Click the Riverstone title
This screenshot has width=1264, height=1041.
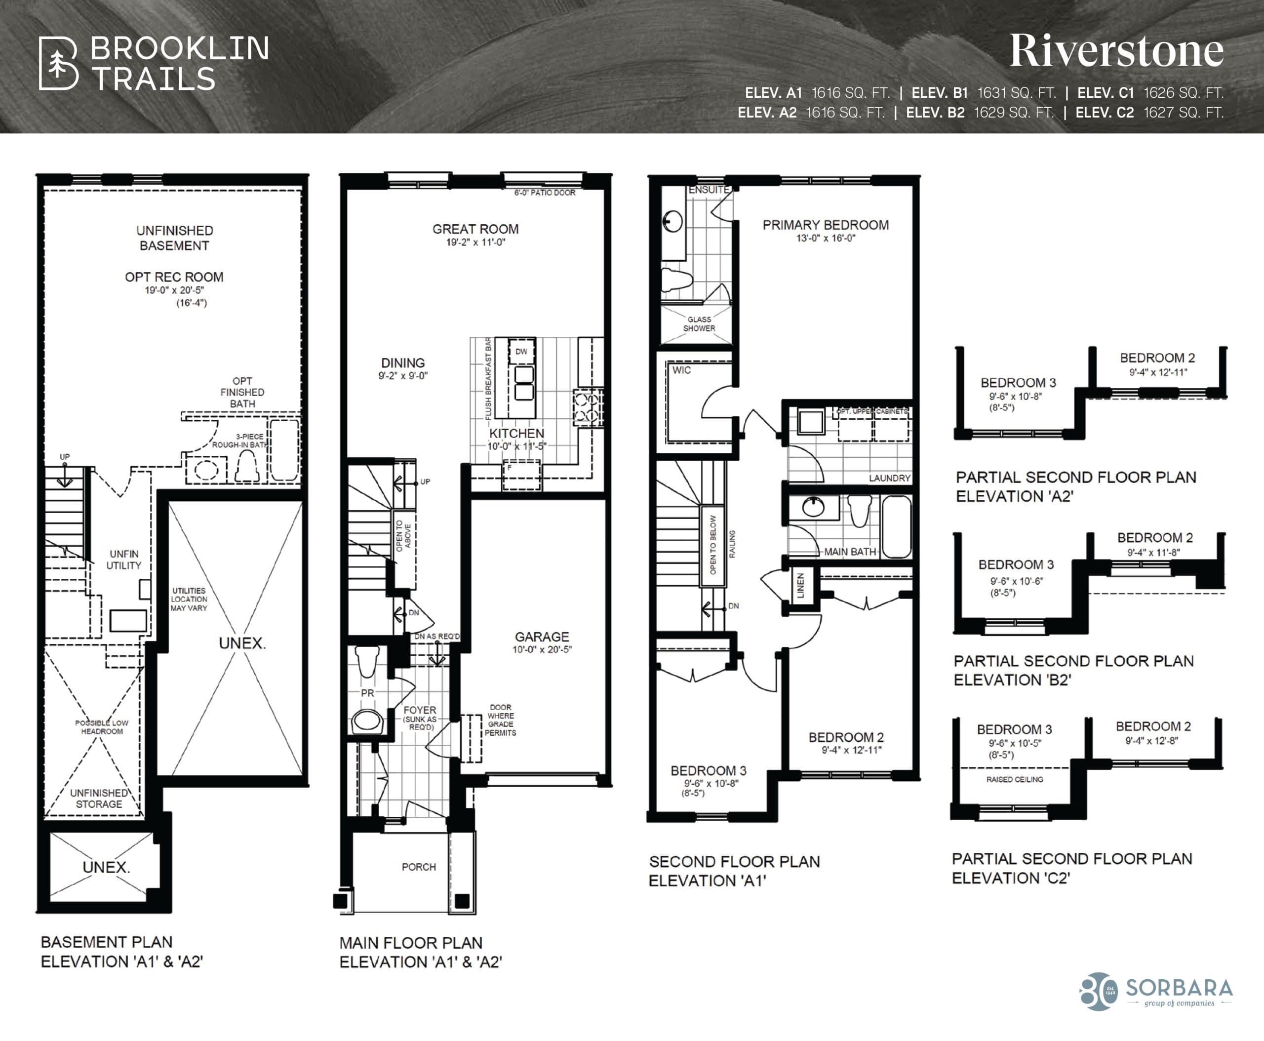[1116, 51]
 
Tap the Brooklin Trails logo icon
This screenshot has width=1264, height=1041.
[58, 64]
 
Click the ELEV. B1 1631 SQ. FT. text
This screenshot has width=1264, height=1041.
[984, 93]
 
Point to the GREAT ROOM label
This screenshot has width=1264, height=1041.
[475, 229]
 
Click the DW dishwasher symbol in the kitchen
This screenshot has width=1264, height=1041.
[521, 352]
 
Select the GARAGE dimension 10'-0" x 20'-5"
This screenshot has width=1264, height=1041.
[542, 649]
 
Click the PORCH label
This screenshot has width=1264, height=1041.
[419, 867]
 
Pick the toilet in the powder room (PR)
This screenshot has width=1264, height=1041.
[367, 660]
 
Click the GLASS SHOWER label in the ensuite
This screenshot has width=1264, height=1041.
[699, 324]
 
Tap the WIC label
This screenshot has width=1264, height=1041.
[681, 370]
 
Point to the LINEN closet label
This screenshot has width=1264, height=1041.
[800, 585]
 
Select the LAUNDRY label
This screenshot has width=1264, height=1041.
[889, 478]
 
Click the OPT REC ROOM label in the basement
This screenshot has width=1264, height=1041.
[174, 277]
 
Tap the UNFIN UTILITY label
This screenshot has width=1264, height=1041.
[123, 560]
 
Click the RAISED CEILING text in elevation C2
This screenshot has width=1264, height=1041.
[1014, 779]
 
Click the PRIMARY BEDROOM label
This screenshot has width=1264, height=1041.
[825, 225]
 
